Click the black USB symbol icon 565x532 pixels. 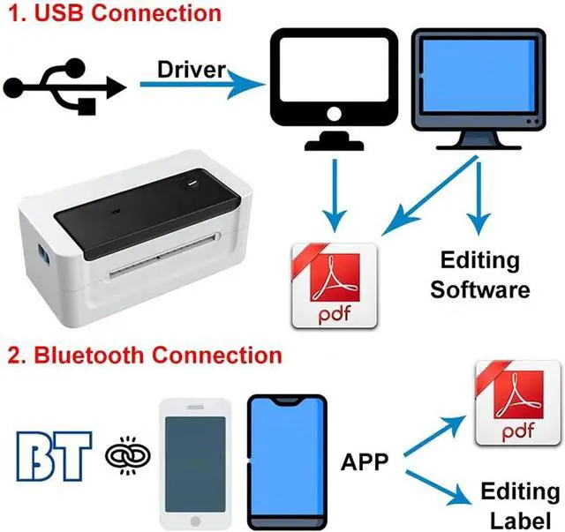pos(64,86)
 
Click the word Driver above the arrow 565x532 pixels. pos(192,70)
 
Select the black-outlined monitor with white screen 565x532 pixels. pos(334,89)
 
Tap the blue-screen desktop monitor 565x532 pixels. pos(478,89)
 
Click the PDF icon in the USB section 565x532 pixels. pos(335,286)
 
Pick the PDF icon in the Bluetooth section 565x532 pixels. pos(518,402)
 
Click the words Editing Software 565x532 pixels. pos(480,275)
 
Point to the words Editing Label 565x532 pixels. pos(520,506)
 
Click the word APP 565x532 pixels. pos(365,461)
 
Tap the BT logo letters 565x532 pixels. pos(54,456)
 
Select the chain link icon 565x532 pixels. pos(128,456)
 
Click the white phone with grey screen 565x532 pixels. pos(195,464)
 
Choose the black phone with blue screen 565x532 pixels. pos(287,462)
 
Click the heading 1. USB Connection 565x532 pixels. pos(115,13)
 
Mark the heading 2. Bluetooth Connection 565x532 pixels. pos(145,356)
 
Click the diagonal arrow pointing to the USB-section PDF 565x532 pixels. pos(430,196)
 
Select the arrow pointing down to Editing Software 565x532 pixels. pos(478,199)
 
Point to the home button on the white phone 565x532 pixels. pos(195,521)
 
